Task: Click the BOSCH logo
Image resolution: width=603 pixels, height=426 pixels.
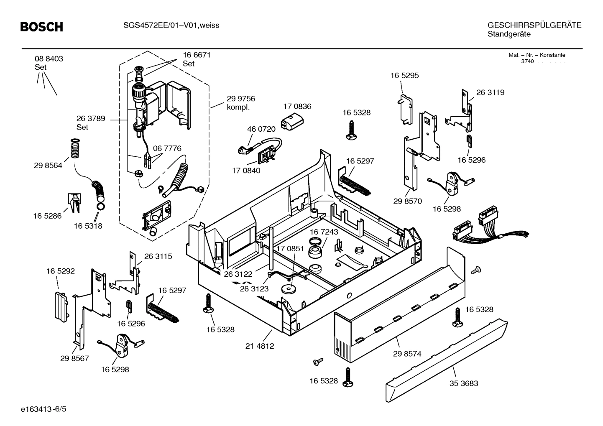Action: coord(42,27)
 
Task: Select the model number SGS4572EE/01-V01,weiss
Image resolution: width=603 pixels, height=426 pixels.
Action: coord(171,26)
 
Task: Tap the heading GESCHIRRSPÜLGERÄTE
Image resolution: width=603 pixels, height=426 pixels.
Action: coord(534,25)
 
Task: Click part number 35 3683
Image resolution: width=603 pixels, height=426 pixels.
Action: coord(464,383)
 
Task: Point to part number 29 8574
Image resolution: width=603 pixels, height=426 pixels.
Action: coord(407,354)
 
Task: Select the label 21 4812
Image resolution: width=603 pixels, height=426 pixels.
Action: coord(260,346)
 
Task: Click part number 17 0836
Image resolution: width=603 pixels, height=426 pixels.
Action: coord(297,107)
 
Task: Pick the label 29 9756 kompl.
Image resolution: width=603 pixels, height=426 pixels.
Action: coord(240,103)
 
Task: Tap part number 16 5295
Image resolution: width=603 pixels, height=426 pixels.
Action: coord(404,76)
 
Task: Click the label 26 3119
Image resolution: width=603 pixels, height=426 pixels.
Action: coord(490,93)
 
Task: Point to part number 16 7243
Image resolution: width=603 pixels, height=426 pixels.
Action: coord(324,232)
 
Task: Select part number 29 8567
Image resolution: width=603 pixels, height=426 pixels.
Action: coord(74,358)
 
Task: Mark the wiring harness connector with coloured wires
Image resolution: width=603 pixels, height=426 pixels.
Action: coord(481,229)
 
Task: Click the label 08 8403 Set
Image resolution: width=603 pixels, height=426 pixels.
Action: coord(49,63)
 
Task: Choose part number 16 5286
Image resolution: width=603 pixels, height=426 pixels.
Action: coord(47,216)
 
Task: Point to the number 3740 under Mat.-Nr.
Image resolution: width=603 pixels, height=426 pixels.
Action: coord(527,61)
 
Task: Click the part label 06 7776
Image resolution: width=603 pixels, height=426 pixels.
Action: coord(167,148)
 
